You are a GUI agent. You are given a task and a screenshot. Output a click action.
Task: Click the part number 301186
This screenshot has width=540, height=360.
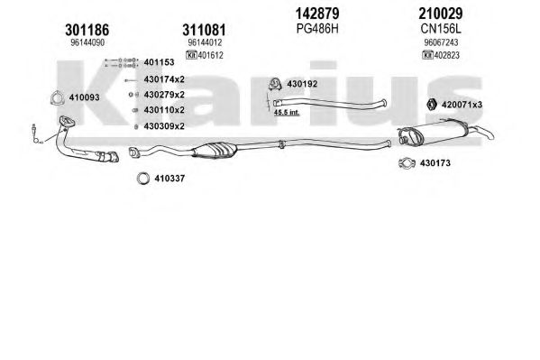point(87,30)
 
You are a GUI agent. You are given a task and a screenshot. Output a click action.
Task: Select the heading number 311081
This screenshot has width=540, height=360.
point(205,30)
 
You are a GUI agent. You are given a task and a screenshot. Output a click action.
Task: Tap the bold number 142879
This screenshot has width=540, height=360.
point(317,14)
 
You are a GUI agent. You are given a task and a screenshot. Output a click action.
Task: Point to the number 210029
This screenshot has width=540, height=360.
point(441,14)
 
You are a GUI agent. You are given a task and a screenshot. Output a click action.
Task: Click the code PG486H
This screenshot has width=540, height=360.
point(317,29)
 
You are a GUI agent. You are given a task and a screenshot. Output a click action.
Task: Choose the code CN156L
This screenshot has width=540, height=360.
point(441,29)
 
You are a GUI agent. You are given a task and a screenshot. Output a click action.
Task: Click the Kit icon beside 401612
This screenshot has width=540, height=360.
point(191,55)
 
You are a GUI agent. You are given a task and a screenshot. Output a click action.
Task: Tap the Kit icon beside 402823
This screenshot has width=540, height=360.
point(427,55)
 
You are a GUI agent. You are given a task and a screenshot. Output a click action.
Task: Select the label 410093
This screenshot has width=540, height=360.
point(85,97)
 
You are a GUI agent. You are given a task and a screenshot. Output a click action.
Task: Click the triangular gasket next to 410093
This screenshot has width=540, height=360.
point(57,97)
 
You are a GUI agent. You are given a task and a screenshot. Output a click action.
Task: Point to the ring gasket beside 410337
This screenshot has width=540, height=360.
point(143,179)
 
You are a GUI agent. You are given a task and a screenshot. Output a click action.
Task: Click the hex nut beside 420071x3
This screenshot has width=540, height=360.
point(432,104)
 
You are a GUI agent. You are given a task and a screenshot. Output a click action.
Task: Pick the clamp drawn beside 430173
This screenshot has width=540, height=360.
point(407,162)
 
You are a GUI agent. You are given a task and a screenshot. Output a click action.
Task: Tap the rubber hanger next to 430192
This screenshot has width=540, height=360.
point(275,84)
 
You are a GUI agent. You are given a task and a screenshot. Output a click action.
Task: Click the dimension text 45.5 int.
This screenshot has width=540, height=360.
point(287,113)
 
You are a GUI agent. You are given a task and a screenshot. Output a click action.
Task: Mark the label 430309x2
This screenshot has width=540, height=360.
point(164,126)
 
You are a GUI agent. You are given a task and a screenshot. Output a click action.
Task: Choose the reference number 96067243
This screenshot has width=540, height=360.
point(441,42)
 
